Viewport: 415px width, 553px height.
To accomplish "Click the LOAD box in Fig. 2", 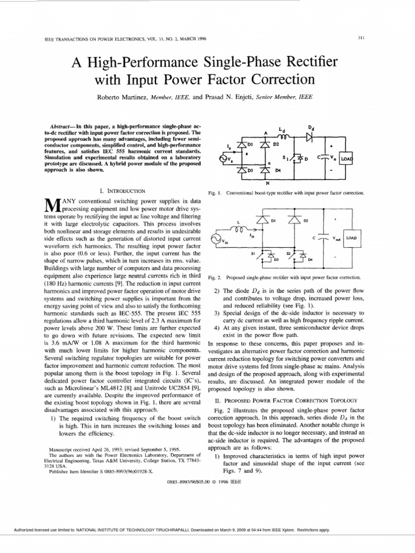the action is coord(352,237).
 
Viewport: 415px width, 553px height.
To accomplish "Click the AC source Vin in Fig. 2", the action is coord(215,239).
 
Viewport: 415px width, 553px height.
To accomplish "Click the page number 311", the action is coord(362,38).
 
